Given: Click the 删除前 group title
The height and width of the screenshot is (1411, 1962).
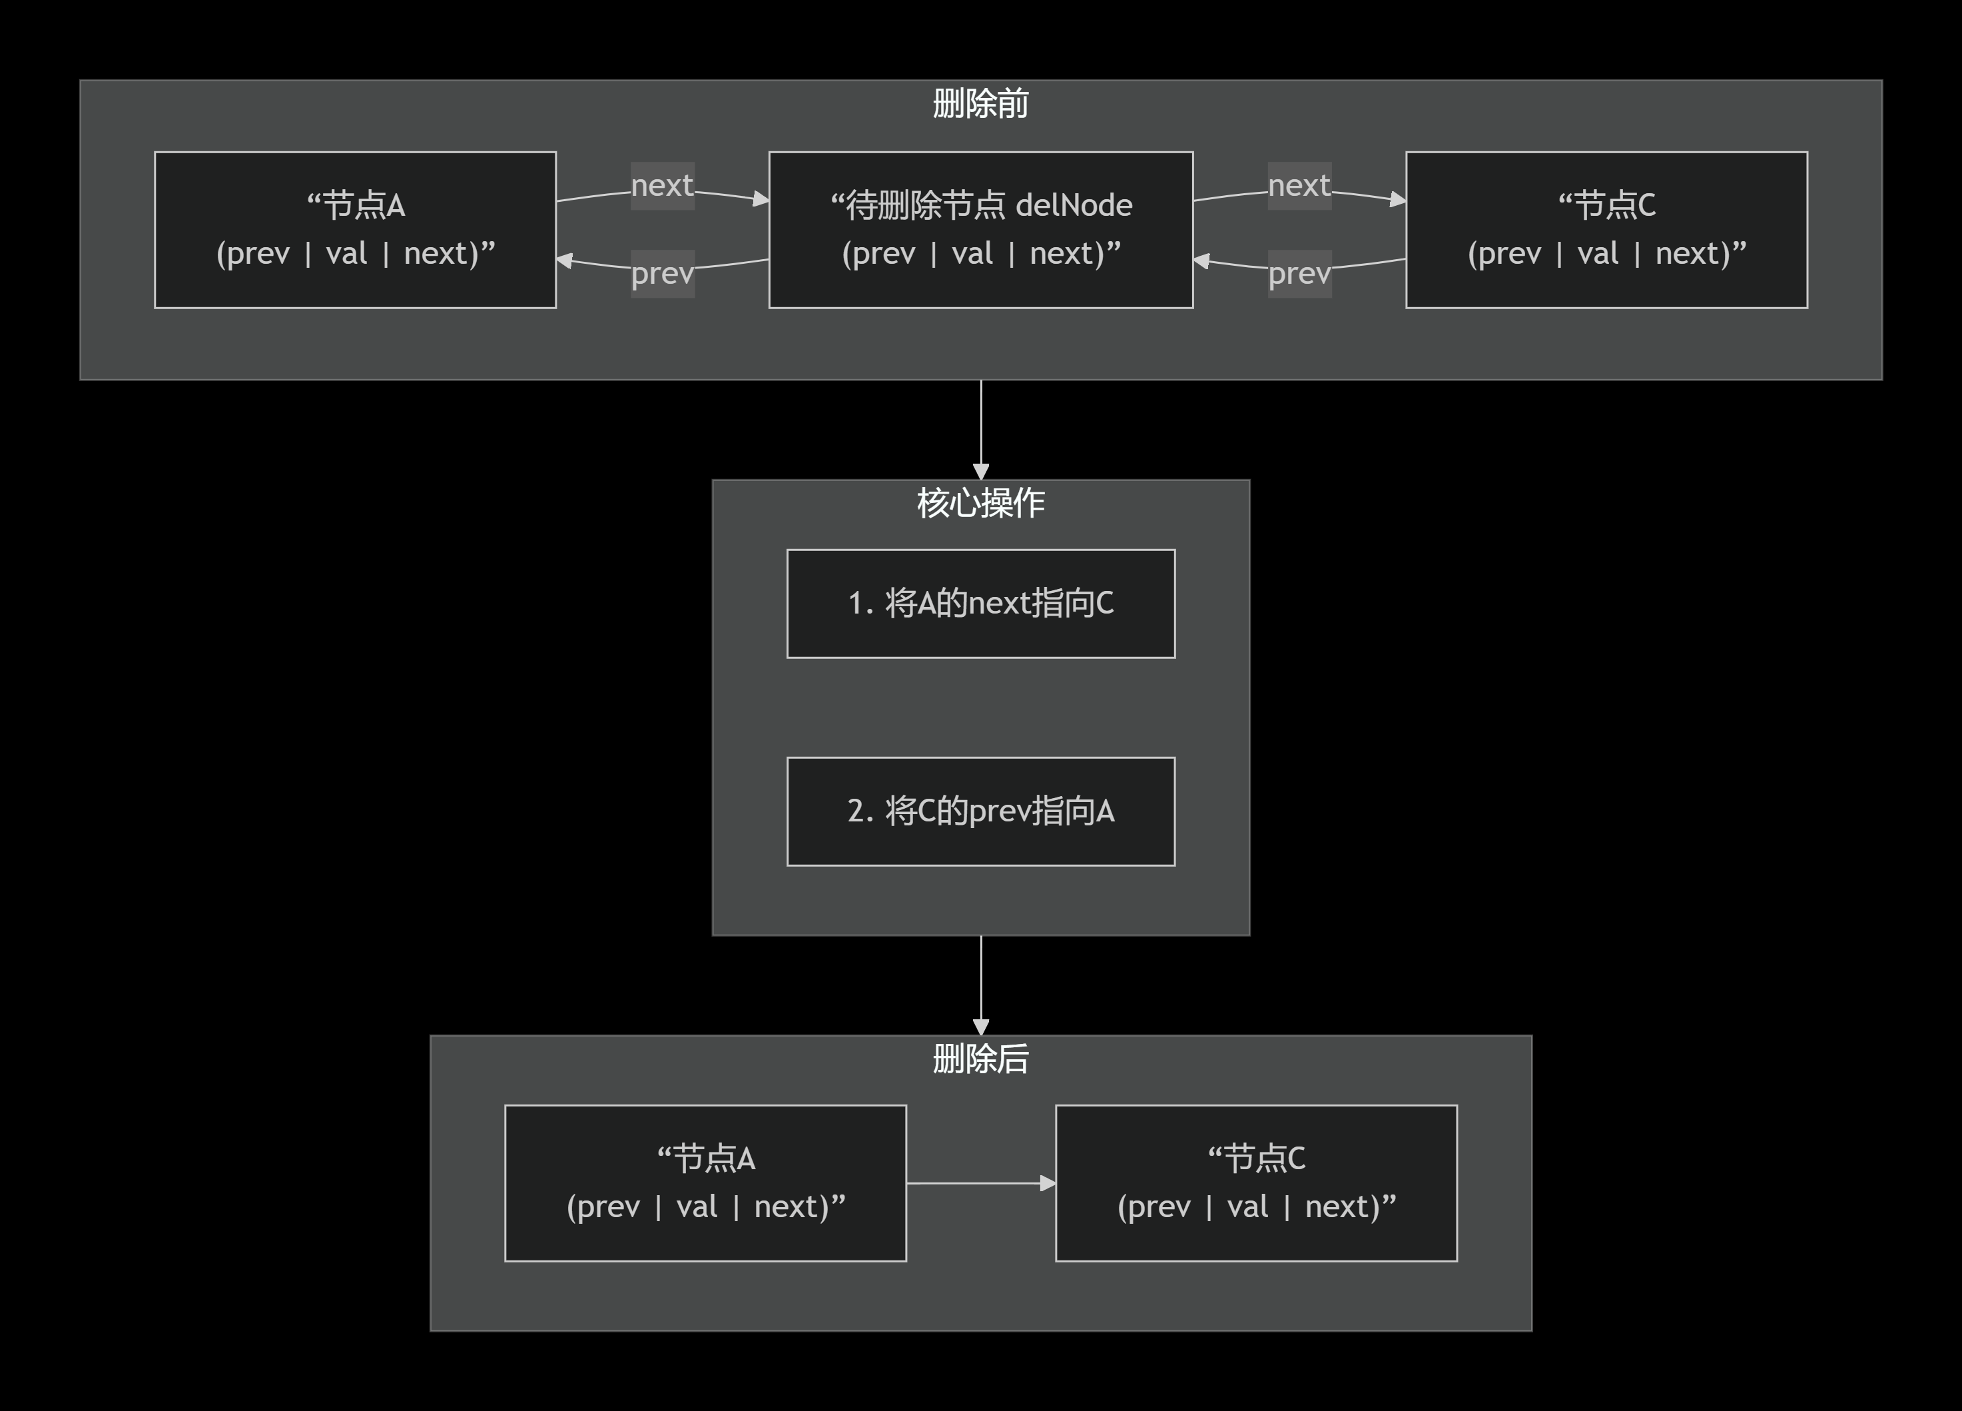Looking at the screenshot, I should (x=980, y=104).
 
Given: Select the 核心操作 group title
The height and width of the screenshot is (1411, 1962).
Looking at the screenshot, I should (x=980, y=502).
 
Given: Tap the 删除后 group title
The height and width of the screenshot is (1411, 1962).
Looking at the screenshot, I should (x=980, y=1058).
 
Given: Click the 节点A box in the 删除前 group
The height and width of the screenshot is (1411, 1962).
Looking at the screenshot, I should (x=355, y=229).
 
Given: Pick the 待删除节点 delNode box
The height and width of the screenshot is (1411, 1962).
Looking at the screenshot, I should (x=980, y=229).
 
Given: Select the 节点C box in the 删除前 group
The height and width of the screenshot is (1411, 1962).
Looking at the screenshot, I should (x=1606, y=229).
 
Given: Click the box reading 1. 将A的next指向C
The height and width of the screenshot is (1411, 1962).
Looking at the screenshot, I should (x=980, y=603).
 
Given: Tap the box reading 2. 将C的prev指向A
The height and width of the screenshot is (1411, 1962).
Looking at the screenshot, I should (x=980, y=811).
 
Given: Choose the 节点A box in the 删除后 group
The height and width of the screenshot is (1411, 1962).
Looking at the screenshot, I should (x=705, y=1182).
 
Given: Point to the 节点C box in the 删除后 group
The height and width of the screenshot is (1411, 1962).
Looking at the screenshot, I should (x=1256, y=1182).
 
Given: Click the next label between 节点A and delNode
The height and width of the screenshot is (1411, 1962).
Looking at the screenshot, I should (x=662, y=185).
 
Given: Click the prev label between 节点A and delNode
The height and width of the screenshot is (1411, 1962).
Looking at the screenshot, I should (x=662, y=273).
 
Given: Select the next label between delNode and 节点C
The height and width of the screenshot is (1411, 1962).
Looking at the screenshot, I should (x=1299, y=185).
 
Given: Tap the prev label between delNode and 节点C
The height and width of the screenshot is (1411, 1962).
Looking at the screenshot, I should (x=1299, y=273).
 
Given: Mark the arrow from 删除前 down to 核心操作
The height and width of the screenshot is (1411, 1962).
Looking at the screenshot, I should (x=980, y=428).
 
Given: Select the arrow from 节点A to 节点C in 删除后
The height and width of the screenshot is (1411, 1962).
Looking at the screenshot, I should (x=980, y=1182).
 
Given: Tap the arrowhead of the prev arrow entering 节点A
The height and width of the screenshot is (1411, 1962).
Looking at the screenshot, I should (x=565, y=260).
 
